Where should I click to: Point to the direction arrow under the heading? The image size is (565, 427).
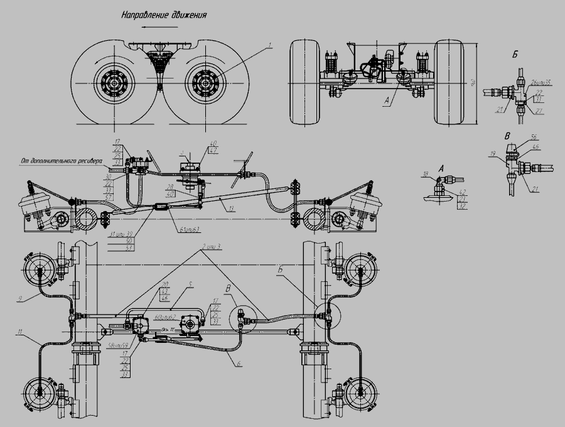[154, 27]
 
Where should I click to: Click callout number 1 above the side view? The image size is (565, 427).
[269, 45]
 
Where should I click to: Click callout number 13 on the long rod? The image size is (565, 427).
[232, 208]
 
